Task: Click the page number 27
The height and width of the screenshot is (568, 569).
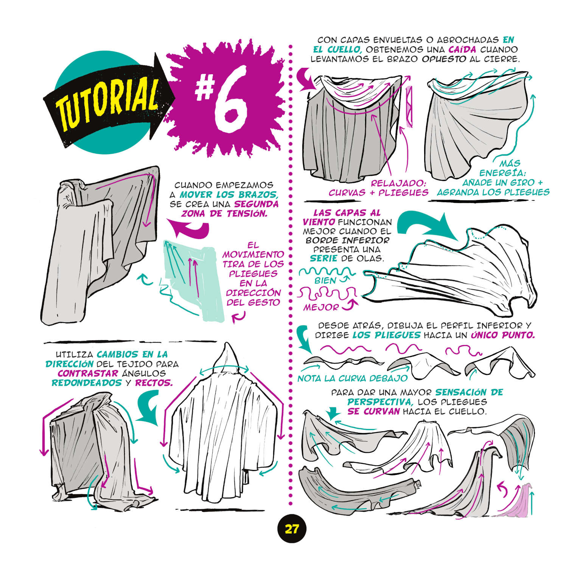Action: point(291,529)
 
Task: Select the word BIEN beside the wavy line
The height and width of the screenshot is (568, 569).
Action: point(325,281)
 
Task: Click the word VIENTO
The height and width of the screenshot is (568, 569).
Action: point(319,222)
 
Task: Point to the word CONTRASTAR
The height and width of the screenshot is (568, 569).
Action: point(88,373)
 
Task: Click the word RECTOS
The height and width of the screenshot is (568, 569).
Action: point(153,383)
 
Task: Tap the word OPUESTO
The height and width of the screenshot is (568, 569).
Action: point(444,59)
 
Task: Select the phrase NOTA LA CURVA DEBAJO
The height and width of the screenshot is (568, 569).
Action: point(353,378)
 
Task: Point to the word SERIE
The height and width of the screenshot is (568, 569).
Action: point(324,258)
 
